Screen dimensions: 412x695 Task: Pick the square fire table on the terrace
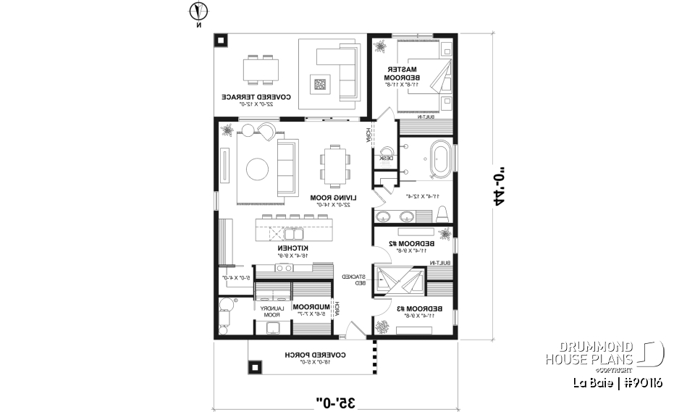pyautogui.click(x=320, y=84)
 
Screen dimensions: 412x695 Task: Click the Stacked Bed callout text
pyautogui.click(x=353, y=280)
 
